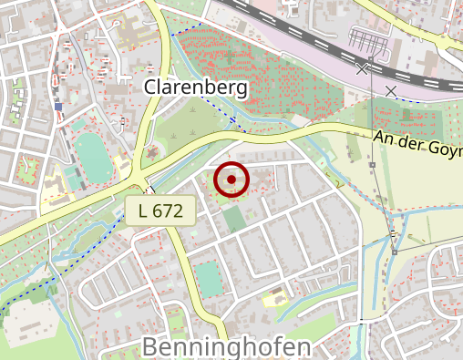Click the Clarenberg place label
pos(196,87)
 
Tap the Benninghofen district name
pos(227,346)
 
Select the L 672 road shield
pos(161,211)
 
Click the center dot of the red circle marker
pos(231,180)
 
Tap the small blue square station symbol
pos(58,107)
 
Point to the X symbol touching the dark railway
pos(363,68)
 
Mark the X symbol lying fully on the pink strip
pos(391,90)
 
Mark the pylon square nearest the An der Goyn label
pos(372,165)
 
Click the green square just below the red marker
pos(234,218)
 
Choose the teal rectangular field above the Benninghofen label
pos(210,279)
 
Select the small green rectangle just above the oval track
pos(79,124)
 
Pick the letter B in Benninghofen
pos(150,346)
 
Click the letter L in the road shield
pos(144,211)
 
